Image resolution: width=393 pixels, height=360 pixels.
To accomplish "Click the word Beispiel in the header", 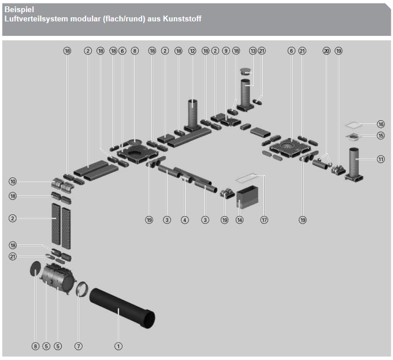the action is coord(19,9).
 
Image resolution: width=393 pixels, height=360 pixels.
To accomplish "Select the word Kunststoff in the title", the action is coord(182,19).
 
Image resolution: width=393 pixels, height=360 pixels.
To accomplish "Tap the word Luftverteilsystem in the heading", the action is coord(36,19).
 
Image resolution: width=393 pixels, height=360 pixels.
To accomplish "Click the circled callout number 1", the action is coord(118,346).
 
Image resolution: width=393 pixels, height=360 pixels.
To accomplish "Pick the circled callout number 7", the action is coord(79,346).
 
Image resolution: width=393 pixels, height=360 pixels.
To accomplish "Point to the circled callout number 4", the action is coord(185,220).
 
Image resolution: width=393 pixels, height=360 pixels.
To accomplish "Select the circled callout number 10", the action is coord(13,181).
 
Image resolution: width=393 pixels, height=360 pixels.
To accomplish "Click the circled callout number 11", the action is coord(381,159).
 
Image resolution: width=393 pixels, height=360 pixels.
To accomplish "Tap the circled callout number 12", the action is coord(192,51).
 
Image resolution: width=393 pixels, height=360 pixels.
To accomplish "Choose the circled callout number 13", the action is coord(253,51).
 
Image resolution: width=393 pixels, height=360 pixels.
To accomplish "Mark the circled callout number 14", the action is coord(240,220).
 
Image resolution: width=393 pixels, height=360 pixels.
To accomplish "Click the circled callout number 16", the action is coord(381,124).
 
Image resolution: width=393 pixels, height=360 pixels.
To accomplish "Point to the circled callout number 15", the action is coord(381,136).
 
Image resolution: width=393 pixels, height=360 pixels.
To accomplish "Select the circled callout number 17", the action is coord(264,220).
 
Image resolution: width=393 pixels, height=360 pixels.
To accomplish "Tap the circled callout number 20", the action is coord(327,51).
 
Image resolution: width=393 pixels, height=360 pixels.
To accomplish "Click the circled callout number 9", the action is coord(226,51).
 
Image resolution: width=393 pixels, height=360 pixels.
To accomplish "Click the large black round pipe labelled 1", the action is coord(122,308).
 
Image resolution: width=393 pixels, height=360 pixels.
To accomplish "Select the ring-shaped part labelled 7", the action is coord(82,289).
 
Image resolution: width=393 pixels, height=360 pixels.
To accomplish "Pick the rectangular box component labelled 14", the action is coord(247,197).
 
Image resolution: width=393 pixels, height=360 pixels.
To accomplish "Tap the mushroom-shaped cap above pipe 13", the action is coord(246,71).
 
